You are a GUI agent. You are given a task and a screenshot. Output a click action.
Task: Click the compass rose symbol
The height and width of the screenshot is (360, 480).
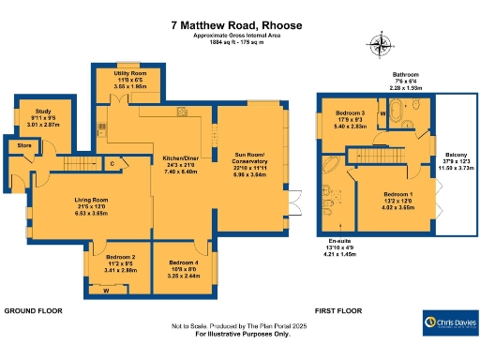382,42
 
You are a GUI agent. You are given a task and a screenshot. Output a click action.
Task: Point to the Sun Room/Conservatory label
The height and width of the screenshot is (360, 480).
248,161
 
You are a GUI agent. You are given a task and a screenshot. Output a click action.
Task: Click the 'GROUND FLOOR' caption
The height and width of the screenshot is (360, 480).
34,309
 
